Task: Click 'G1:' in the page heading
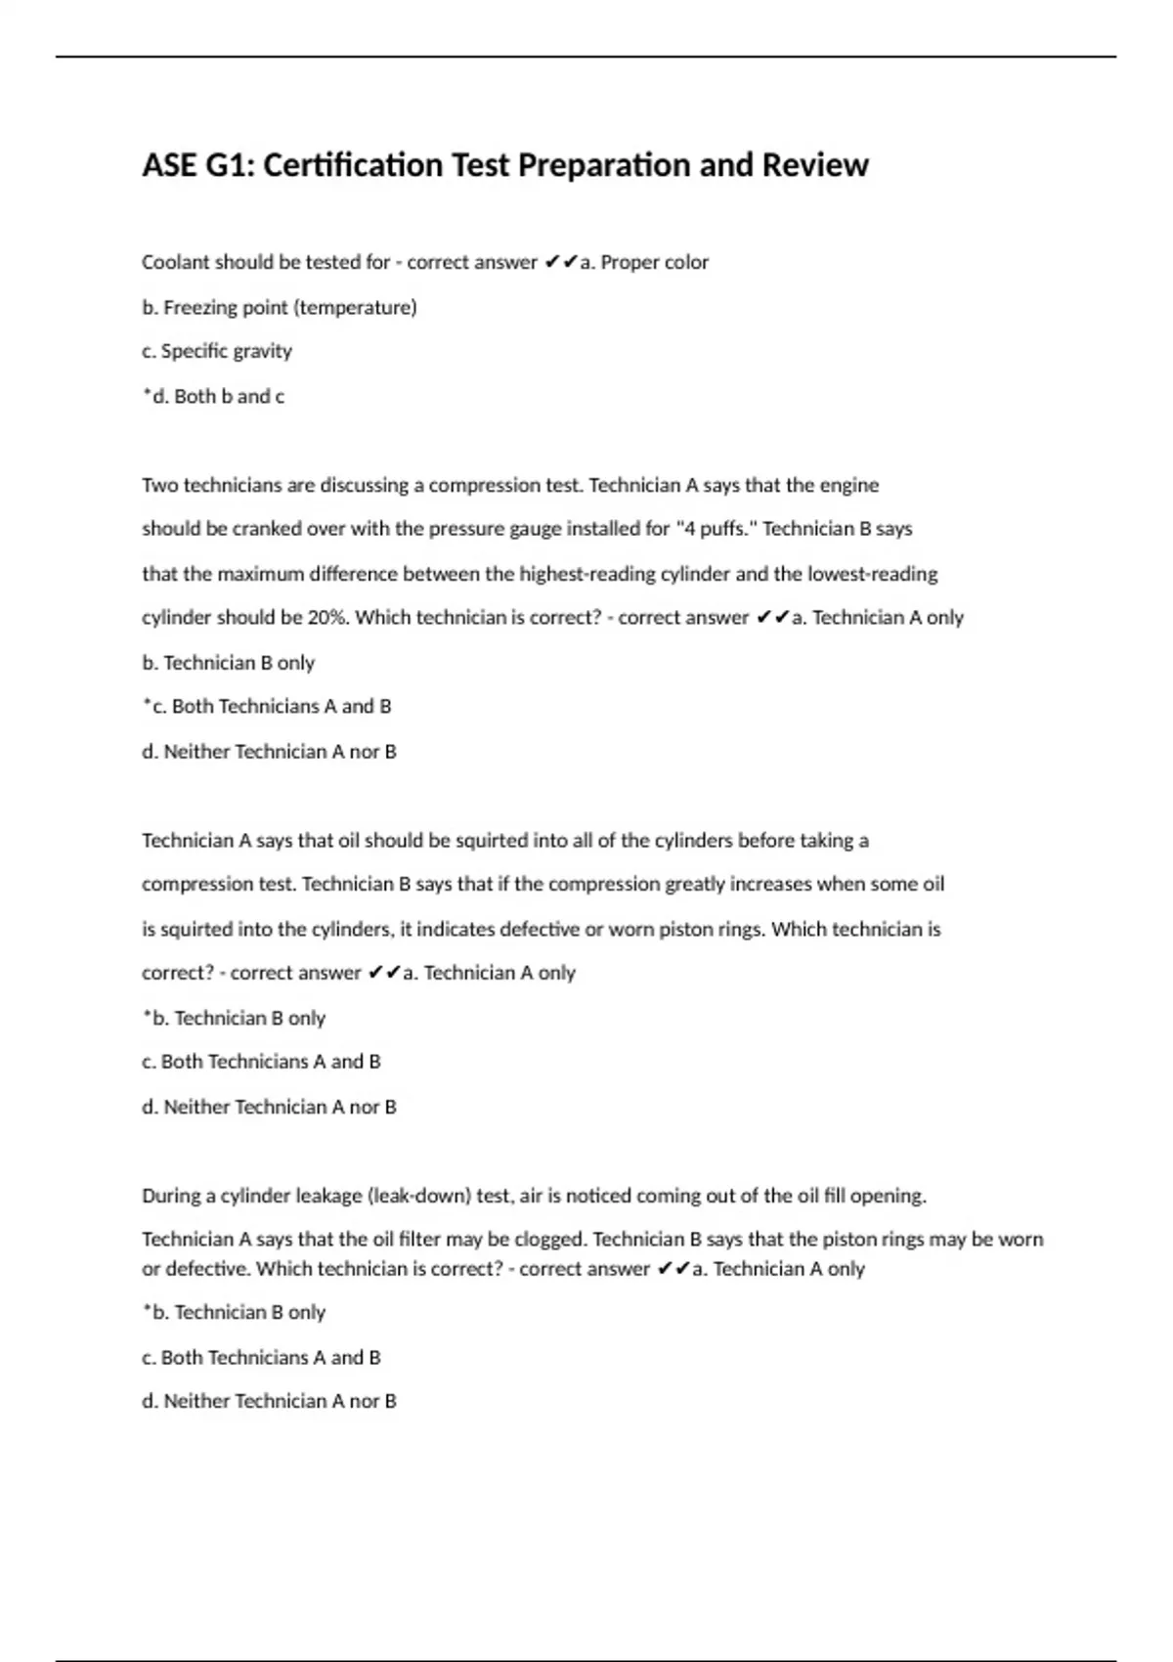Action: (x=230, y=165)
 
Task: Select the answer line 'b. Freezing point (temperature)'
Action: (x=279, y=307)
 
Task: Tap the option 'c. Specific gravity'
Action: (x=216, y=351)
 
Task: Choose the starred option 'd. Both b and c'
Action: (x=213, y=396)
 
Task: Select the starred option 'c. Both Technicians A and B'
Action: (x=266, y=706)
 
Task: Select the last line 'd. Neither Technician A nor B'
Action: (x=269, y=1401)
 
